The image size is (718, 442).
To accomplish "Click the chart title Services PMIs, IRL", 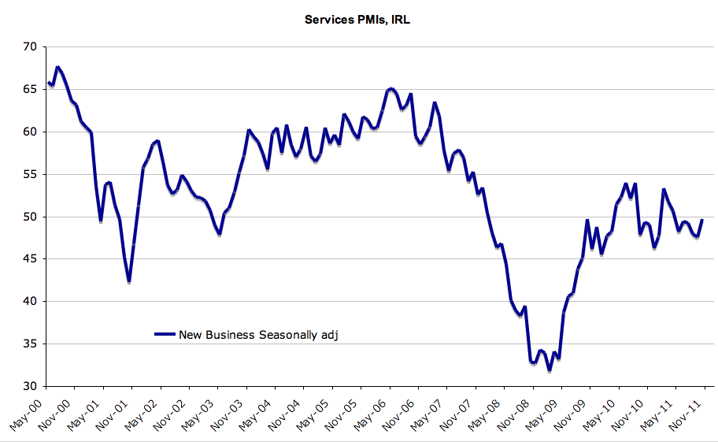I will [x=357, y=20].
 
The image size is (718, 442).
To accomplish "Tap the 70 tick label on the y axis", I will [x=29, y=47].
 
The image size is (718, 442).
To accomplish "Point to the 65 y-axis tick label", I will [x=29, y=90].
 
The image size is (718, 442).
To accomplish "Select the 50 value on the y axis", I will [x=29, y=217].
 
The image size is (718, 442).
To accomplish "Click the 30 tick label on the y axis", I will [x=29, y=386].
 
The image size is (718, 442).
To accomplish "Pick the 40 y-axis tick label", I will [x=29, y=302].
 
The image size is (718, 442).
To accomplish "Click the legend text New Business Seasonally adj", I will [x=258, y=335].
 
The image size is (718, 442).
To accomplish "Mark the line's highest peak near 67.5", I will [x=57, y=67].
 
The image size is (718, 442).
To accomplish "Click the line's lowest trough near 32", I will [x=550, y=370].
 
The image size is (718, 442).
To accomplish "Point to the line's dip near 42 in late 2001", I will [x=128, y=282].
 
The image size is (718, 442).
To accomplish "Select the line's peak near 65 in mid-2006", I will [x=391, y=88].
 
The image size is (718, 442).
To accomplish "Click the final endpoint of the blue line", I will [x=701, y=220].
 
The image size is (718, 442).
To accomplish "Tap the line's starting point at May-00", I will [x=48, y=82].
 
